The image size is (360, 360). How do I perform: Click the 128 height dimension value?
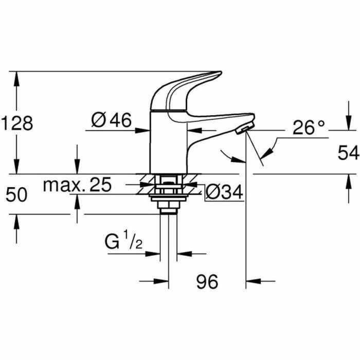[x=17, y=123]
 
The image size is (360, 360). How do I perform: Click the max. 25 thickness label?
[x=77, y=185]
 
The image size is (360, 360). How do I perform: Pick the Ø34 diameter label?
[x=224, y=192]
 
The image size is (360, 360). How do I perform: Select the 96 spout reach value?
[x=207, y=281]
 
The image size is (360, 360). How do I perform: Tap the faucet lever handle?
[x=190, y=87]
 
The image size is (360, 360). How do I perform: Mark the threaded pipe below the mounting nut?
[x=169, y=237]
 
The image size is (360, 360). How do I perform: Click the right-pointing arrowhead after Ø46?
[x=143, y=131]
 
